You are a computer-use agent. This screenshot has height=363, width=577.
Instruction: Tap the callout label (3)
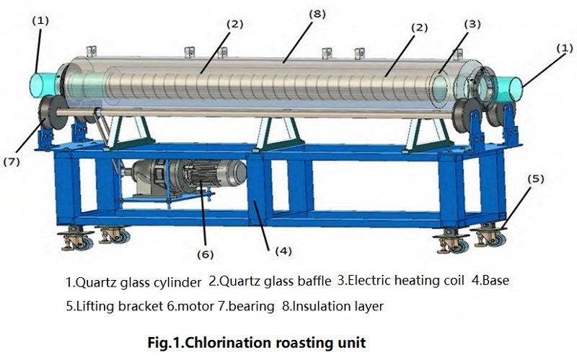coord(472,24)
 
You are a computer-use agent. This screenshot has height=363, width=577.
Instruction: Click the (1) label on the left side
coord(40,20)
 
